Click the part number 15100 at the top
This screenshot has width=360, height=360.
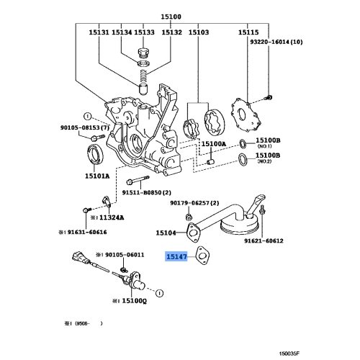tap(171, 15)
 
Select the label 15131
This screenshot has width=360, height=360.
tap(99, 32)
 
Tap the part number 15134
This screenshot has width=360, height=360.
tap(122, 32)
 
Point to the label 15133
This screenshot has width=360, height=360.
tap(145, 32)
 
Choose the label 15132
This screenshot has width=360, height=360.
tap(171, 32)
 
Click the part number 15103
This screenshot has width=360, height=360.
tap(199, 32)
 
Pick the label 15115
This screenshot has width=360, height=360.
tap(248, 32)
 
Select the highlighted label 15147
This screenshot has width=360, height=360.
tap(176, 256)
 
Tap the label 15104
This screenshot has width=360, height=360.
tap(166, 233)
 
